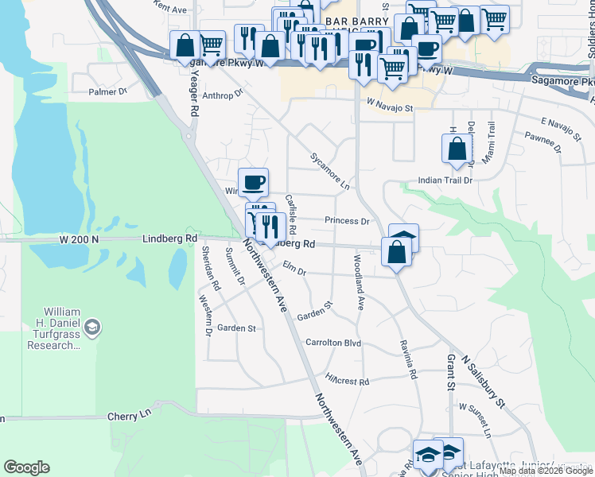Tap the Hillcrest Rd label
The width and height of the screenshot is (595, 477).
pyautogui.click(x=347, y=381)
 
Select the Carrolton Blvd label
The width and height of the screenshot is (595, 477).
pyautogui.click(x=333, y=343)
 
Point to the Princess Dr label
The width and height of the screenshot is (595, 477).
pyautogui.click(x=347, y=221)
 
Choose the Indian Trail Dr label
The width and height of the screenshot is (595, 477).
pyautogui.click(x=445, y=180)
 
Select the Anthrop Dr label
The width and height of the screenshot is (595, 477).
pyautogui.click(x=222, y=95)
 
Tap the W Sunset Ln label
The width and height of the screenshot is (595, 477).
pyautogui.click(x=475, y=418)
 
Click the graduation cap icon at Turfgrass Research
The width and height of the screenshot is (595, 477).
pyautogui.click(x=92, y=328)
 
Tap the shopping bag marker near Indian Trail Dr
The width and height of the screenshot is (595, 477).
pyautogui.click(x=457, y=149)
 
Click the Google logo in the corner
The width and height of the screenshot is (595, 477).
pyautogui.click(x=26, y=467)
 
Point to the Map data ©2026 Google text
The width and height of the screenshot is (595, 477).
pyautogui.click(x=546, y=471)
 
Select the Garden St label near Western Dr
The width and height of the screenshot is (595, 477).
pyautogui.click(x=236, y=328)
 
